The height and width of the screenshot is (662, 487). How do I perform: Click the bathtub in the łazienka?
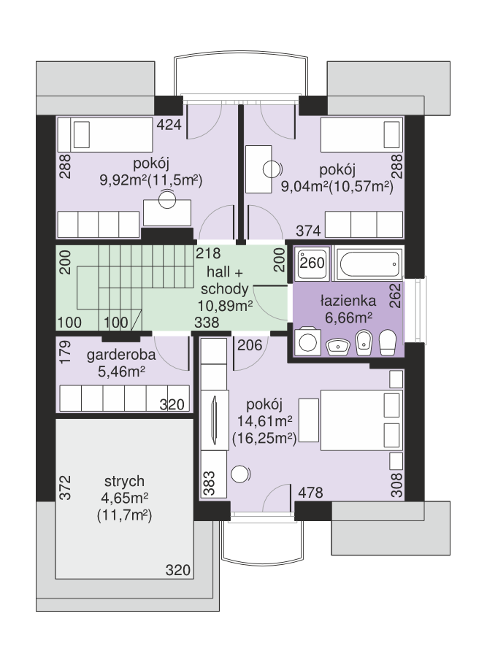tap(369, 264)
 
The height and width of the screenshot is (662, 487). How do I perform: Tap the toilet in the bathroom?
tap(387, 342)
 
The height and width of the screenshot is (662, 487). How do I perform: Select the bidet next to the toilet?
tap(364, 342)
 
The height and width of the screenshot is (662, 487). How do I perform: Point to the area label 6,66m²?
tap(348, 317)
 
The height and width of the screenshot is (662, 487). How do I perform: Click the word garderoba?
tap(121, 355)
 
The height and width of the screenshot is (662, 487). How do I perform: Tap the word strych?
tap(124, 481)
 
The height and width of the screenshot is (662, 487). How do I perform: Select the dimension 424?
tap(169, 124)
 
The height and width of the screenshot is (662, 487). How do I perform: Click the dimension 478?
tap(310, 492)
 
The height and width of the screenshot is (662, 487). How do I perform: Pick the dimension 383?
tap(209, 483)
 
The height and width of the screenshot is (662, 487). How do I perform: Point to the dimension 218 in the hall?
tap(208, 253)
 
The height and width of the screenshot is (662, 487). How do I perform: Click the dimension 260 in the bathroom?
tap(312, 263)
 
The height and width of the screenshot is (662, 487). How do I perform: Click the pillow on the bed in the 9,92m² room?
tap(82, 135)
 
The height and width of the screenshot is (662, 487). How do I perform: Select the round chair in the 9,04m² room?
tap(272, 169)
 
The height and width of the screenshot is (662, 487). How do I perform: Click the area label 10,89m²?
tap(225, 305)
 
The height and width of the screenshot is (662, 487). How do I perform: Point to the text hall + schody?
tap(225, 280)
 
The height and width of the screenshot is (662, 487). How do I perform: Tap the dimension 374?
tap(308, 231)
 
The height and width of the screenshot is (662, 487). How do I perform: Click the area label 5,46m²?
tap(122, 372)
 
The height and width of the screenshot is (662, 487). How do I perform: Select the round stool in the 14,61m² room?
tap(240, 474)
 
